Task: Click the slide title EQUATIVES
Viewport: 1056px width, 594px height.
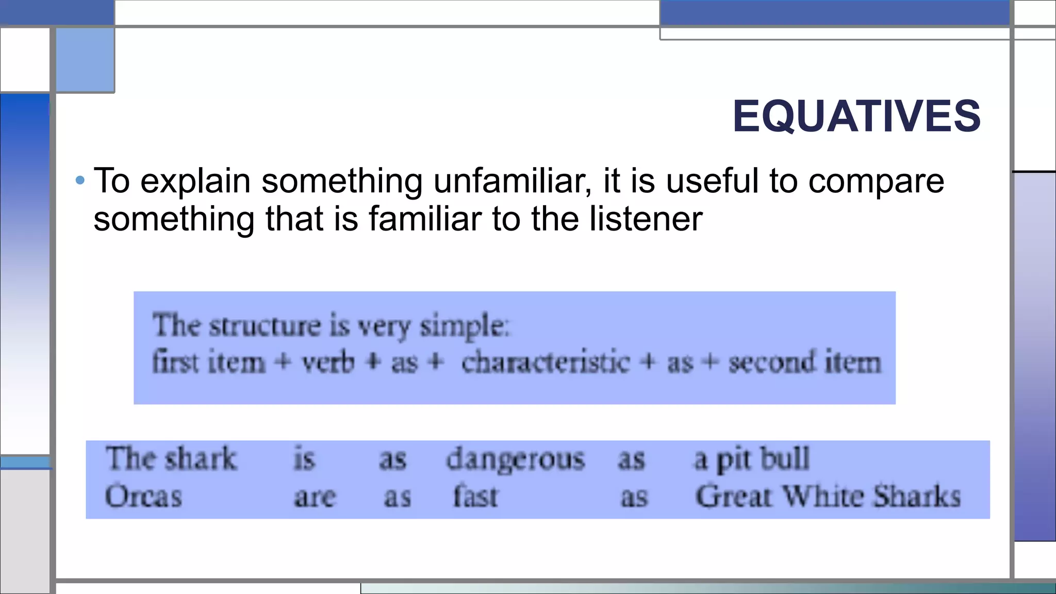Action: pyautogui.click(x=856, y=117)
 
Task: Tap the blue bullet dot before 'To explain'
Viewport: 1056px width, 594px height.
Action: pyautogui.click(x=80, y=180)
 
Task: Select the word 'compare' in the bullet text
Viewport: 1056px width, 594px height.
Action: pyautogui.click(x=876, y=182)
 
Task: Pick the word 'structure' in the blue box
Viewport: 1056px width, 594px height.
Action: pyautogui.click(x=265, y=326)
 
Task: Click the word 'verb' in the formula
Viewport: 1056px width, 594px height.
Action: pyautogui.click(x=328, y=362)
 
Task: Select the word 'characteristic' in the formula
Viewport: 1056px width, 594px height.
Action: pyautogui.click(x=546, y=362)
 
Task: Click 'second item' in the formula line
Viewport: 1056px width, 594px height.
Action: pyautogui.click(x=804, y=362)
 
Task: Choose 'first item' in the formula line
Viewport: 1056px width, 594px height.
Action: pyautogui.click(x=208, y=362)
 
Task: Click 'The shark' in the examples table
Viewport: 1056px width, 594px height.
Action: pyautogui.click(x=171, y=458)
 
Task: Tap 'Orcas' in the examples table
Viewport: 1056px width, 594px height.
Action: pyautogui.click(x=143, y=497)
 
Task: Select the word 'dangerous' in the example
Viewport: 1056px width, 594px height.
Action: pyautogui.click(x=515, y=459)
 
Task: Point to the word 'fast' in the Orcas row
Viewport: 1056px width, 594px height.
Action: pyautogui.click(x=475, y=497)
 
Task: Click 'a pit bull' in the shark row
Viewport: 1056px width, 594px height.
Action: pyautogui.click(x=752, y=459)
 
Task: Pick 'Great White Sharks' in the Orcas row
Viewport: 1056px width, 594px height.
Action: pyautogui.click(x=828, y=497)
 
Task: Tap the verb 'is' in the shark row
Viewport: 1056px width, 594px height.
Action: pyautogui.click(x=304, y=458)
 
